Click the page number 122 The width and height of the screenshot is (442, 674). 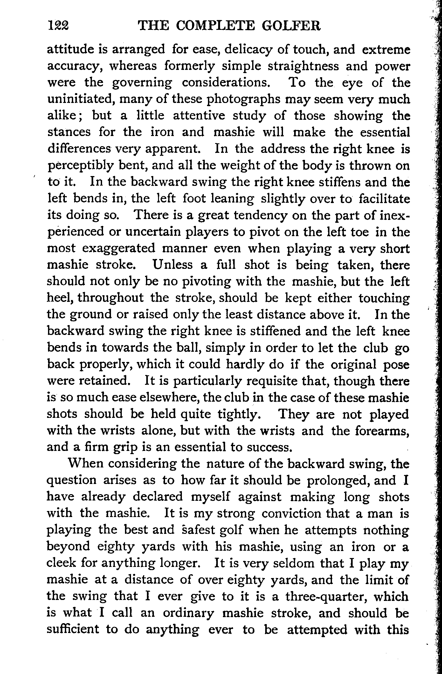(x=59, y=26)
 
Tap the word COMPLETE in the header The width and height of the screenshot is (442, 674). (x=217, y=26)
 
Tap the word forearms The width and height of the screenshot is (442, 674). (x=382, y=431)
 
